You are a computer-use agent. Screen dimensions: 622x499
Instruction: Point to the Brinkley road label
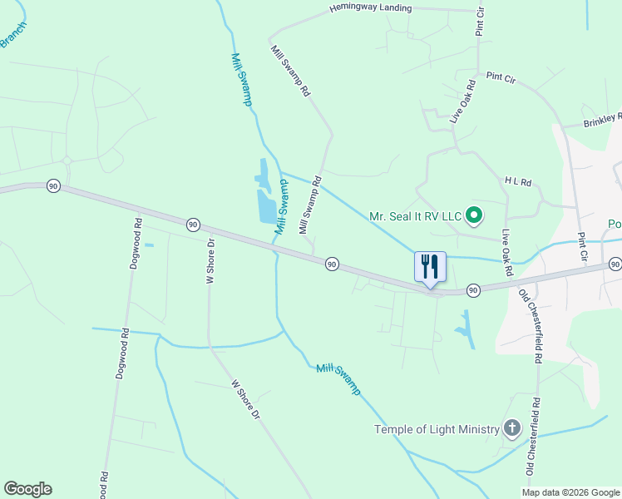click(601, 120)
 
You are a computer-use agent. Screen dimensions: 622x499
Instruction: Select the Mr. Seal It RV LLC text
click(414, 216)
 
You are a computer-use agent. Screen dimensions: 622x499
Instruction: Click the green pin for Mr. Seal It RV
click(474, 216)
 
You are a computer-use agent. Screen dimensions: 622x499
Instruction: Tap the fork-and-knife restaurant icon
click(430, 266)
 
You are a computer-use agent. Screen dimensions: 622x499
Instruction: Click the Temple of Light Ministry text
click(437, 429)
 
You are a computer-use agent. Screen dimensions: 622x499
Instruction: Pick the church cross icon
click(512, 429)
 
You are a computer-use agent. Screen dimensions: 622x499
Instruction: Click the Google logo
click(27, 489)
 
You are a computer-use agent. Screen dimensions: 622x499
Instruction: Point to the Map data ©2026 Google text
click(570, 492)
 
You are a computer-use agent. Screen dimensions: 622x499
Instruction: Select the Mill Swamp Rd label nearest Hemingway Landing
click(290, 70)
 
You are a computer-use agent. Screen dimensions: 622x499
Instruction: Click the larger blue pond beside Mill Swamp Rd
click(267, 206)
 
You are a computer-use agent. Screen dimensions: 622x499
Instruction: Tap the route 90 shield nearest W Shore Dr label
click(193, 225)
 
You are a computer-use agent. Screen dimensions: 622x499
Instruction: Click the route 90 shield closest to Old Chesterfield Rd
click(472, 290)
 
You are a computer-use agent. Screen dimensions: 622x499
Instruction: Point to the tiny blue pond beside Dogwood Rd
click(149, 245)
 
